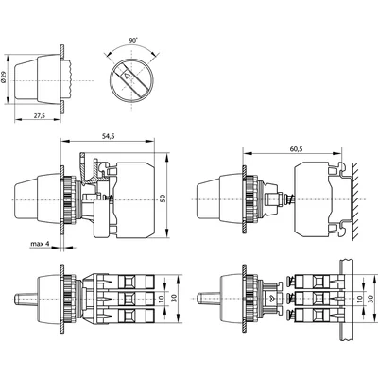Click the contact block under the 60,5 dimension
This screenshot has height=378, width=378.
pyautogui.click(x=313, y=199)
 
